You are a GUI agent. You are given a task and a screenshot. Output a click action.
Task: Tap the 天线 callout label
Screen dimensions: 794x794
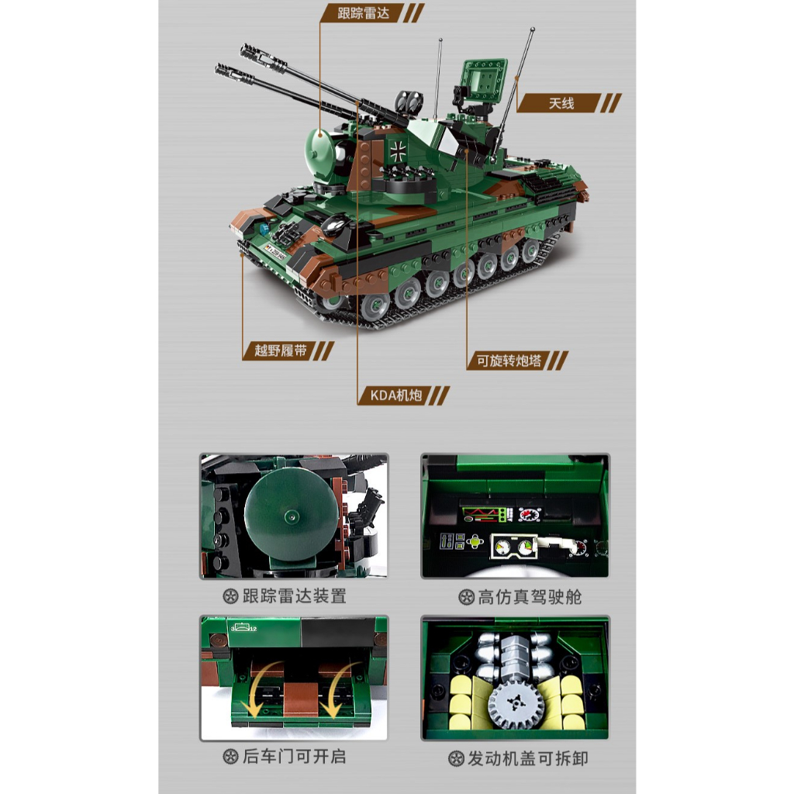(x=561, y=103)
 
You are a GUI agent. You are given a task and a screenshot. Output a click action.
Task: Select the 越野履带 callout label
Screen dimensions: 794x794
(x=274, y=350)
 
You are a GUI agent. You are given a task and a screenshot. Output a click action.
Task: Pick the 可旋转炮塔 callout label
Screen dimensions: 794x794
(x=509, y=361)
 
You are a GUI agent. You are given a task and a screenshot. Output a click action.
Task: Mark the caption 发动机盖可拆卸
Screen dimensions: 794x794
(x=529, y=758)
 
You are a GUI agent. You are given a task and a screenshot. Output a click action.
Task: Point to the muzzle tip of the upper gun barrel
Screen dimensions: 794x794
(x=245, y=51)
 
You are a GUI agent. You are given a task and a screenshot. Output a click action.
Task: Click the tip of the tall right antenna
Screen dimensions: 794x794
(x=533, y=30)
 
